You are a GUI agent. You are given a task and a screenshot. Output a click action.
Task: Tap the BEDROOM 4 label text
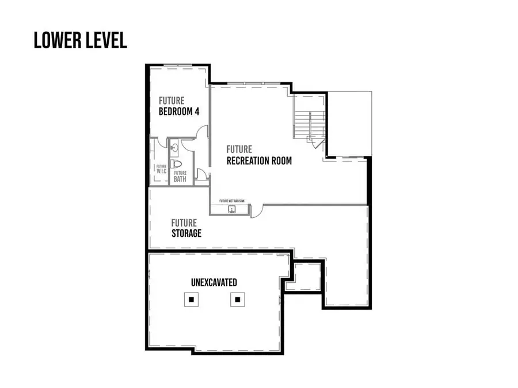(179, 112)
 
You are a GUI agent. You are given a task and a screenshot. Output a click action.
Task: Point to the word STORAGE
(186, 233)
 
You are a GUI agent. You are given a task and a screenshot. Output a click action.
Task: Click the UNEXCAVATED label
(214, 282)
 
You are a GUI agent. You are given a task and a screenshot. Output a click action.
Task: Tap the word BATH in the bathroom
(180, 179)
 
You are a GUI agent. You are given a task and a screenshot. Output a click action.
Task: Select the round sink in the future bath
(174, 148)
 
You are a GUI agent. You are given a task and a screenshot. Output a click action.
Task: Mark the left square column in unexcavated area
(191, 299)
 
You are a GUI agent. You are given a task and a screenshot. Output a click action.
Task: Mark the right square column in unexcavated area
(237, 299)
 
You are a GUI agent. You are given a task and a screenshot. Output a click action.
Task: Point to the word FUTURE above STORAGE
(184, 223)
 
